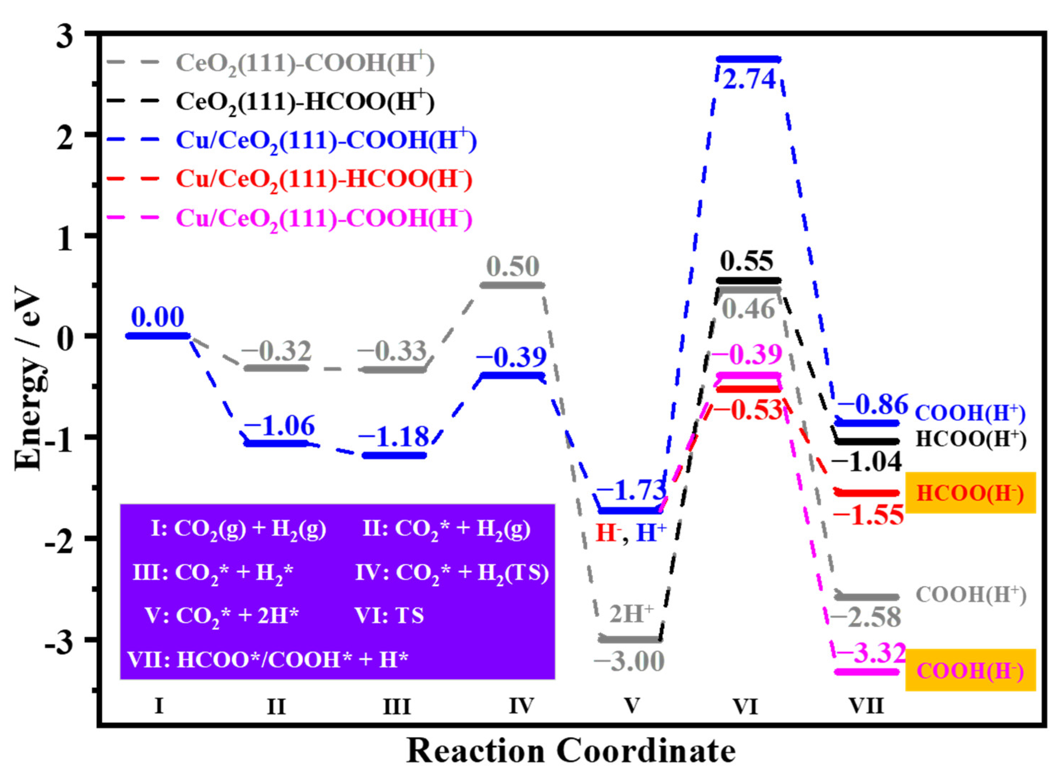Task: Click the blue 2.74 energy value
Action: coord(749,79)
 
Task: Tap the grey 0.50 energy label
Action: coord(513,266)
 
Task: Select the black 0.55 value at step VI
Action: coord(746,261)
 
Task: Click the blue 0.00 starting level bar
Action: coord(158,335)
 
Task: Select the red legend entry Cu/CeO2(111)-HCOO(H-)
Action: coord(324,179)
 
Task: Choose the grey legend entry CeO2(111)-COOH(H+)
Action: coord(306,63)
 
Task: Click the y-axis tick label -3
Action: coord(59,640)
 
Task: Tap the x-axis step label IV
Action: coord(521,705)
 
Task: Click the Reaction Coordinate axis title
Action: coord(570,751)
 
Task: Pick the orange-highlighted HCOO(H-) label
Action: coord(970,493)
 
